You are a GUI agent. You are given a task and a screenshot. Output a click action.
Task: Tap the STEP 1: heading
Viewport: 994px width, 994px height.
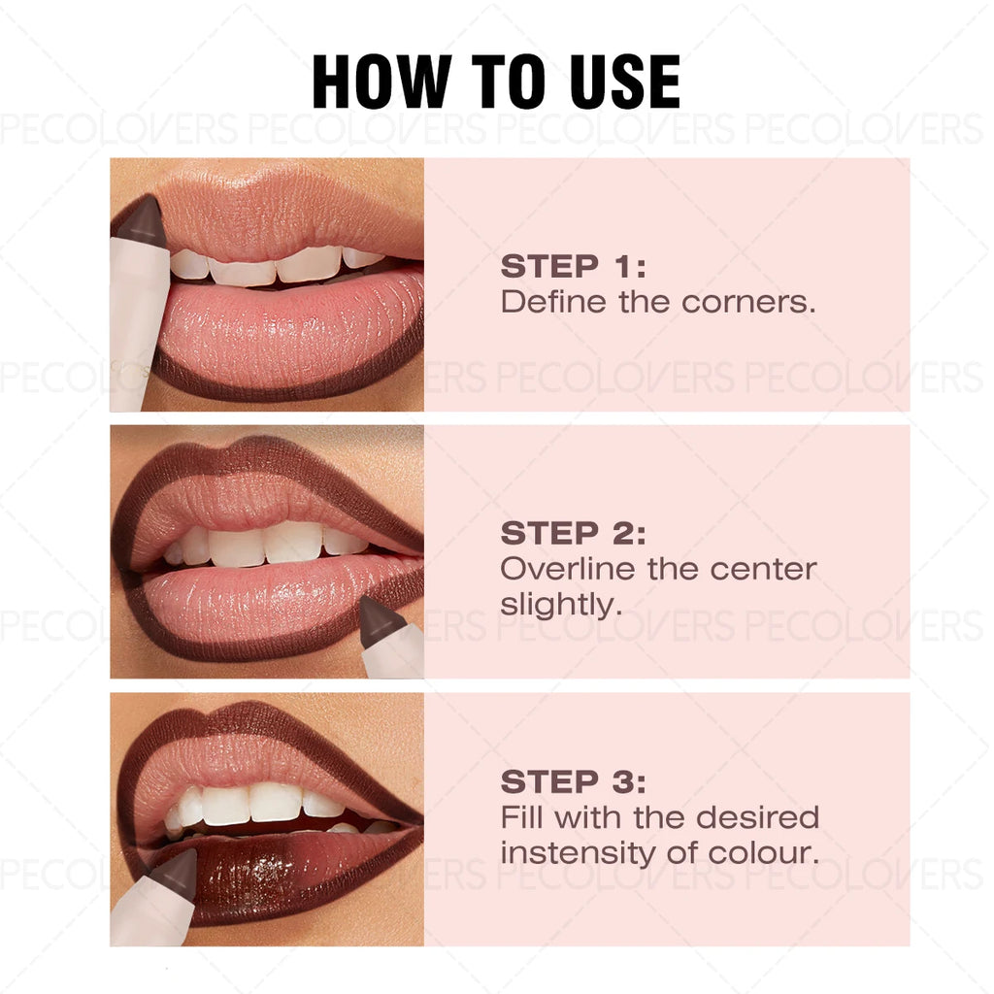[573, 266]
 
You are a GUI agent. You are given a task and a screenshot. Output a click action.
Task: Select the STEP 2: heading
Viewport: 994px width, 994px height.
[573, 533]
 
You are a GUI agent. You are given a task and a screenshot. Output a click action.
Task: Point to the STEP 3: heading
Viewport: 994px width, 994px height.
[573, 781]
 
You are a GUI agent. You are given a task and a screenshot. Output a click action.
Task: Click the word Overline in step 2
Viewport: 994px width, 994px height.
[568, 569]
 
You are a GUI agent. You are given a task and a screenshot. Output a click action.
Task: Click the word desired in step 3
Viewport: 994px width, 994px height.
[758, 817]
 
